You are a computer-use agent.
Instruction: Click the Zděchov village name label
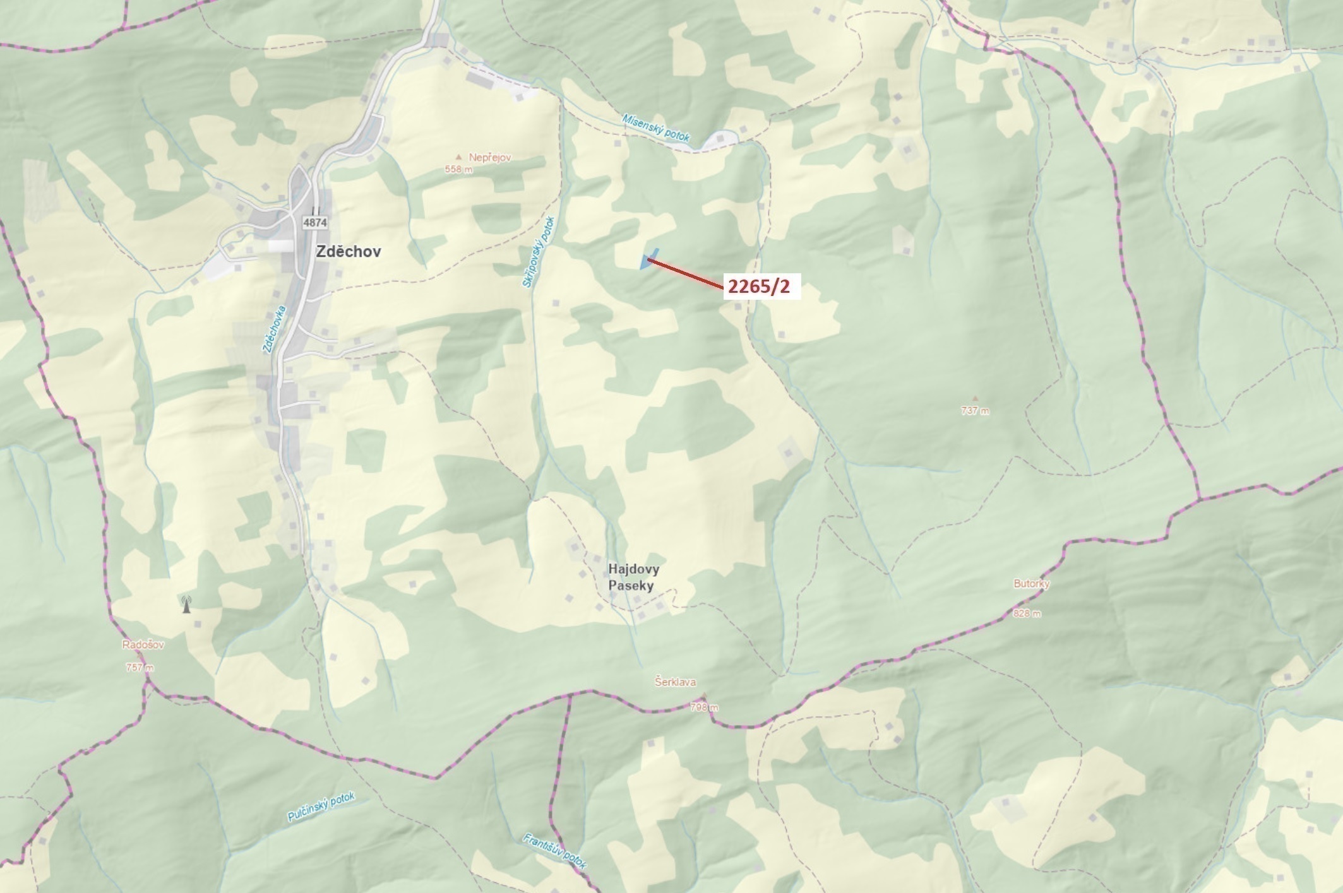(348, 251)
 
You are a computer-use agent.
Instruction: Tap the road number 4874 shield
(314, 222)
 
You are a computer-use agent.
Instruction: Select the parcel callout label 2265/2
(758, 287)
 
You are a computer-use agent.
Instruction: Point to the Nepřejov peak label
(489, 157)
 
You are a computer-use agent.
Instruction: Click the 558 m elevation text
(458, 169)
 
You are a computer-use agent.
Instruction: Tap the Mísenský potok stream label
(656, 127)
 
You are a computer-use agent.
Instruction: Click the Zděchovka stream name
(274, 329)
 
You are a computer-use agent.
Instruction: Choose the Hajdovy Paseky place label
(633, 577)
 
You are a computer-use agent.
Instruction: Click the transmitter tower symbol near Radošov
(186, 605)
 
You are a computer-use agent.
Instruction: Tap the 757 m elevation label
(140, 667)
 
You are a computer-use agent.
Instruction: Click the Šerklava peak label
(675, 682)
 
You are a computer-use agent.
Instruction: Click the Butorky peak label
(1031, 584)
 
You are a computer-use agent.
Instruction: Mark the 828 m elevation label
(1027, 613)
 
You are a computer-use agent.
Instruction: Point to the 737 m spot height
(975, 410)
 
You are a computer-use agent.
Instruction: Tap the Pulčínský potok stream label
(321, 807)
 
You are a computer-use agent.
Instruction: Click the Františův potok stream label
(555, 851)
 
